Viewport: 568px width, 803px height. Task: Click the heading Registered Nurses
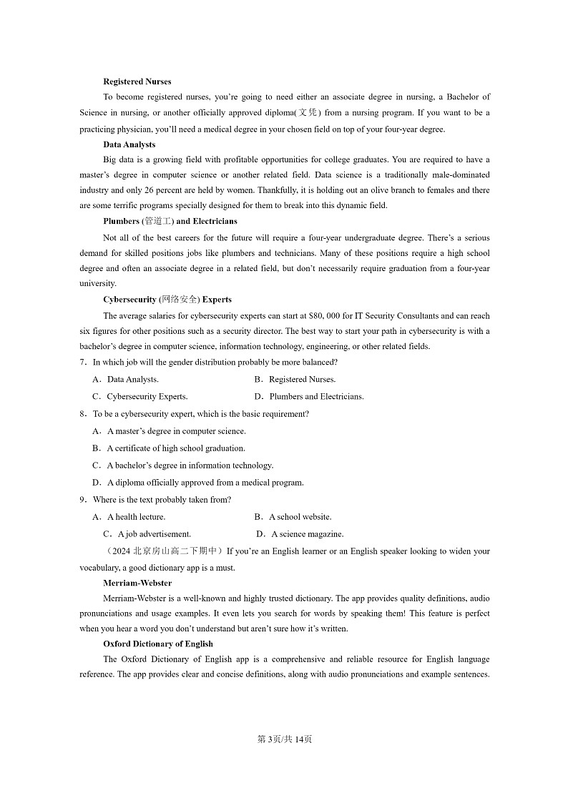coord(137,82)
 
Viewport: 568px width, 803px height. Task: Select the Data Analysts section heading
coord(129,144)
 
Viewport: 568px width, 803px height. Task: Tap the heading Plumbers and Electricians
coord(170,221)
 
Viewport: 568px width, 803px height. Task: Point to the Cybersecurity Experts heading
coord(167,300)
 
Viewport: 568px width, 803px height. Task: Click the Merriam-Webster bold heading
coord(137,583)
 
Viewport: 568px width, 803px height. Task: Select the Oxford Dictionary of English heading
coord(157,644)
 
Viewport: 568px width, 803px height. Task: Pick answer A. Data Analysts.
coord(125,380)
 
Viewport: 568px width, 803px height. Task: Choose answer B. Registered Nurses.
coord(295,380)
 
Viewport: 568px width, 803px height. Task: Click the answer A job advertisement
coord(147,534)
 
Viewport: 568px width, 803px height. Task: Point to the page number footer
coord(284,739)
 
